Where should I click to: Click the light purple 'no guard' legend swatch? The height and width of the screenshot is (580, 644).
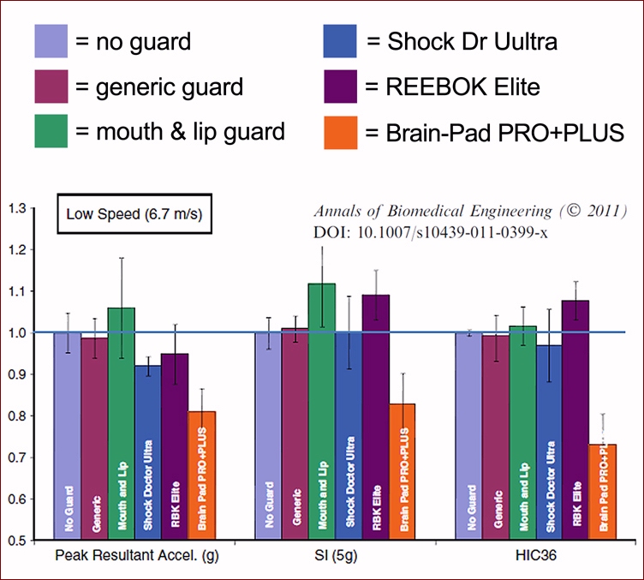click(x=52, y=39)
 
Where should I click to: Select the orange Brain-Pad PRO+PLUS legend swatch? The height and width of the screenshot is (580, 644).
click(x=341, y=134)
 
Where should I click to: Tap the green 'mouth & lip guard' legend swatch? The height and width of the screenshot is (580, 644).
click(x=52, y=133)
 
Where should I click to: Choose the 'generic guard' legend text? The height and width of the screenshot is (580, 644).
click(x=159, y=87)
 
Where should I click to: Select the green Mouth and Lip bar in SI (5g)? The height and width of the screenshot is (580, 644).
click(x=322, y=411)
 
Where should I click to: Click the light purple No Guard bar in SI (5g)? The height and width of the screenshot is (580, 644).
click(x=269, y=436)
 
